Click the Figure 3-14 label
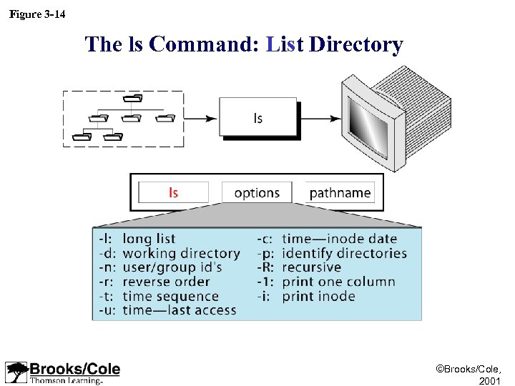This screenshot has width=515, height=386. pos(37,14)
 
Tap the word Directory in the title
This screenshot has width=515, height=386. pos(355,44)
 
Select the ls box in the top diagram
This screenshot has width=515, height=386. pos(258,118)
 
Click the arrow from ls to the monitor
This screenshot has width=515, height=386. pos(319,119)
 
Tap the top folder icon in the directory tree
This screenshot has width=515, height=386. pos(132,98)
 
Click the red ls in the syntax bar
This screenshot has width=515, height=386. pos(173,192)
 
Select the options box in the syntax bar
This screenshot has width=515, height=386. pos(257,192)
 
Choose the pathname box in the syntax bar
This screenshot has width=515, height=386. pos(340,192)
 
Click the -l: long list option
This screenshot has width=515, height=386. pos(137,239)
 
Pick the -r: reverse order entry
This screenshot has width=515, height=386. pos(154,282)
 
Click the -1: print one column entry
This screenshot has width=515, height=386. pos(326,282)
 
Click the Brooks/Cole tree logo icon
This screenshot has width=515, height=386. pos(16,372)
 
